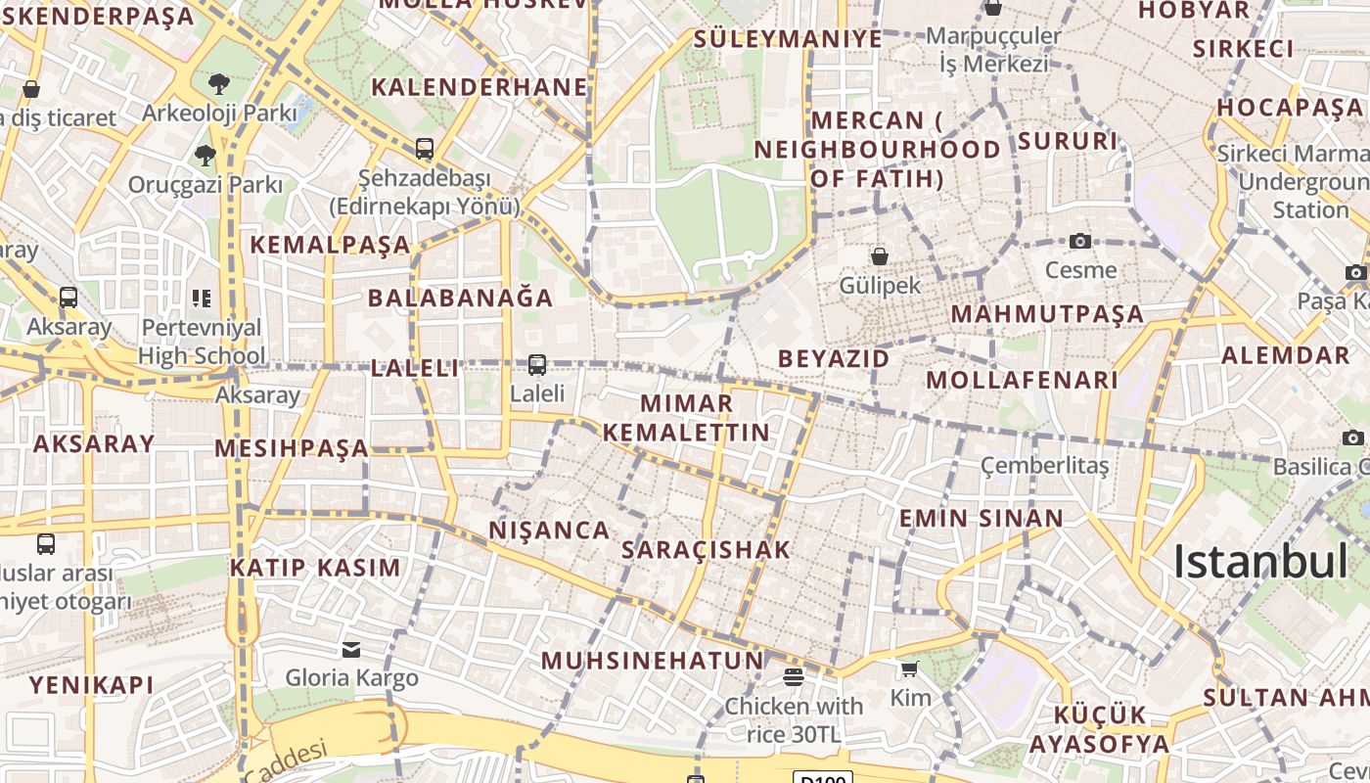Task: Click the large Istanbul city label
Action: [1260, 562]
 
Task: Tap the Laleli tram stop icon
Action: [536, 365]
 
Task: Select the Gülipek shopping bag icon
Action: [880, 256]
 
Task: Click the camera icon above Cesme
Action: [1080, 241]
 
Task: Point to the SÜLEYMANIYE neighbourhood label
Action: [788, 39]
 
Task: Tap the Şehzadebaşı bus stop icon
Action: [424, 149]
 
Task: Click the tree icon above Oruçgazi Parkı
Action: [205, 155]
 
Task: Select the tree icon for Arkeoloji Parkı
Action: [218, 83]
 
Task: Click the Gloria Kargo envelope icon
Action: [350, 649]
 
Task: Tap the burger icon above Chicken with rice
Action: [794, 676]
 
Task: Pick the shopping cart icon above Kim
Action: [909, 668]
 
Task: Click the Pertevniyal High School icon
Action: [201, 298]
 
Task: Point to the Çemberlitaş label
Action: [1044, 465]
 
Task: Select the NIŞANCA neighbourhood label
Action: [549, 530]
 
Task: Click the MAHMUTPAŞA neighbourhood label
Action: [1047, 314]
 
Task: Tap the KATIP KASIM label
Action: [315, 568]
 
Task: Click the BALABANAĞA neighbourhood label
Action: [460, 298]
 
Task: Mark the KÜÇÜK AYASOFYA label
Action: [1099, 729]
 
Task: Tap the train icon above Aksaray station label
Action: [68, 297]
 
